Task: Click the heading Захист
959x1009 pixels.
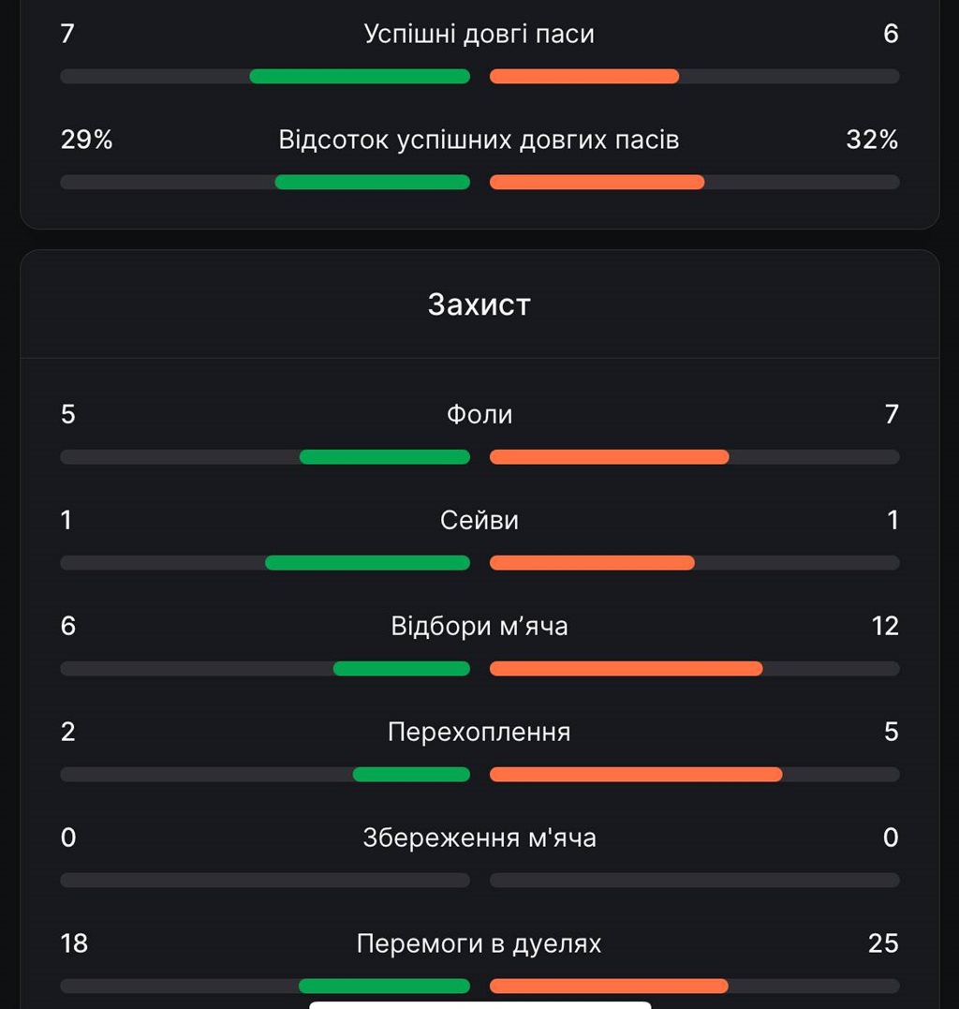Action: [x=479, y=304]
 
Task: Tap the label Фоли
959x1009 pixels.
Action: [x=479, y=414]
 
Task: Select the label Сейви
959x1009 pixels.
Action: [x=479, y=520]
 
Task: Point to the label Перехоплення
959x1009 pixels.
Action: [x=479, y=732]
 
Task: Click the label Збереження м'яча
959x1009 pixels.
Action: [x=479, y=838]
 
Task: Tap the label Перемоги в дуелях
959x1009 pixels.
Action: [x=479, y=943]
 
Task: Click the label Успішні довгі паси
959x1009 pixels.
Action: [x=479, y=34]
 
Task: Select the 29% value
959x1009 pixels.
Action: [x=86, y=140]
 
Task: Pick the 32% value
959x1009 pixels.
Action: [x=872, y=140]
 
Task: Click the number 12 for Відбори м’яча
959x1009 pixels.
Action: [x=885, y=626]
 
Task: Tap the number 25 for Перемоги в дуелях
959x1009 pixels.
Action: [x=883, y=943]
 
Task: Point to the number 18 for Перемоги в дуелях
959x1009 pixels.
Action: [x=74, y=943]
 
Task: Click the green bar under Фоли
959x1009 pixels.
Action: [x=385, y=457]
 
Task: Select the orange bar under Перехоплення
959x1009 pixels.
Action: [x=636, y=774]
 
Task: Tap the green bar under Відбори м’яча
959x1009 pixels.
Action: [x=402, y=669]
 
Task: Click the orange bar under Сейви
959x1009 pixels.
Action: [x=592, y=563]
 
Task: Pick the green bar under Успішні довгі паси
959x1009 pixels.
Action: [x=360, y=76]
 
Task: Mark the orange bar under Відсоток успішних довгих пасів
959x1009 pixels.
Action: [x=597, y=182]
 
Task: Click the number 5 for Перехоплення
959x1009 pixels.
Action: [x=891, y=732]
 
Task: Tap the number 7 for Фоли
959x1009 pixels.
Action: [x=892, y=414]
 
